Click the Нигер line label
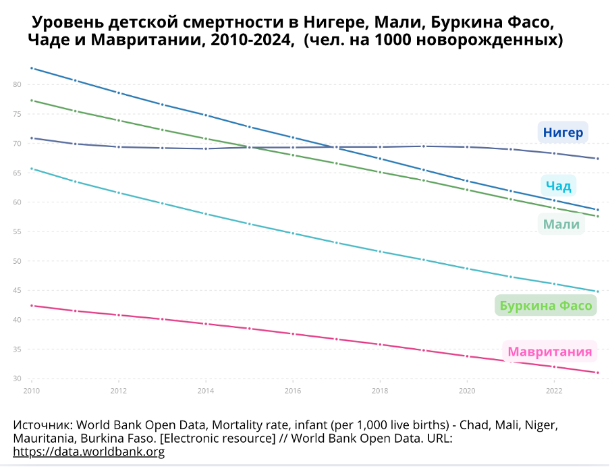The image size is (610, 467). (563, 132)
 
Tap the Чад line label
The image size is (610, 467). (559, 186)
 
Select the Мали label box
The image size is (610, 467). (561, 225)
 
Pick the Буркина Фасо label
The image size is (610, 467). (546, 306)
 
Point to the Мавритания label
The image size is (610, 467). (549, 352)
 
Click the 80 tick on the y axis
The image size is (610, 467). (17, 84)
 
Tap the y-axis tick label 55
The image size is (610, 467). (17, 231)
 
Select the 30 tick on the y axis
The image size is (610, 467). (17, 379)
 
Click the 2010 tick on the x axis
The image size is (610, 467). (31, 390)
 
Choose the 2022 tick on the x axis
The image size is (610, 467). (554, 390)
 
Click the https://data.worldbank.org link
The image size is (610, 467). (88, 451)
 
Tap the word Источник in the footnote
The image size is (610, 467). (43, 426)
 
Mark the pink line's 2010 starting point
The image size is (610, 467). (32, 306)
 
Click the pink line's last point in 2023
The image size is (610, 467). (597, 373)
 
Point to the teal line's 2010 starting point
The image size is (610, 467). (32, 169)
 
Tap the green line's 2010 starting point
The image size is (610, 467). (32, 101)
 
